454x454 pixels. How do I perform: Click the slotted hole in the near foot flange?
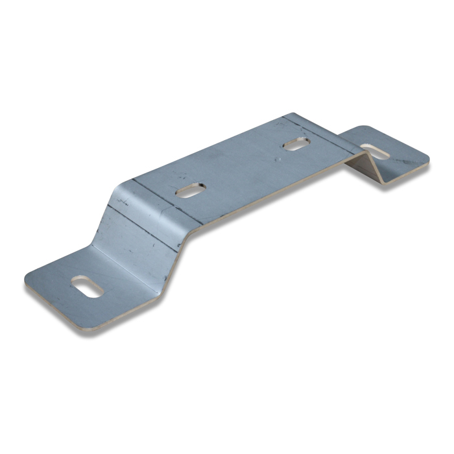(88, 287)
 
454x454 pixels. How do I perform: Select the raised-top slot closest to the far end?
(296, 145)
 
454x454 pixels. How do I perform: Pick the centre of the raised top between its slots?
(243, 167)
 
